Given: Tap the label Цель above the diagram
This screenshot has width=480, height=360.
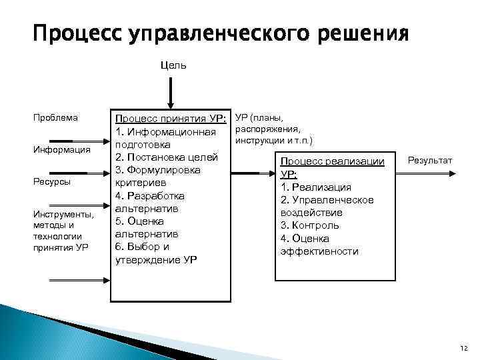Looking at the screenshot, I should click(173, 65).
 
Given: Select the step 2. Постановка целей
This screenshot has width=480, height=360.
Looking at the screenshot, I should click(167, 157).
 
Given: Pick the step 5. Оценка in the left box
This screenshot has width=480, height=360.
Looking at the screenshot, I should click(145, 221).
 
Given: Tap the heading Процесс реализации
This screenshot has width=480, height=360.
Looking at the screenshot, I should click(332, 162).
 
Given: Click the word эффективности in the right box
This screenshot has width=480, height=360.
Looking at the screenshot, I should click(319, 251).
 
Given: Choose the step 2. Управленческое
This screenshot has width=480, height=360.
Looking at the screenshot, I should click(327, 200).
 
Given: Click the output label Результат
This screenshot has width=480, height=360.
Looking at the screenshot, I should click(429, 161).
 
